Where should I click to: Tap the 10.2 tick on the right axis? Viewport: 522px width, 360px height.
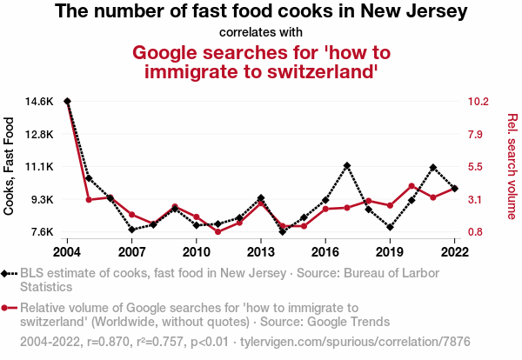(x=479, y=102)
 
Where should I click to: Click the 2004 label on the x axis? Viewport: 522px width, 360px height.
(x=67, y=252)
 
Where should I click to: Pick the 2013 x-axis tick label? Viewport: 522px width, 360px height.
(x=261, y=252)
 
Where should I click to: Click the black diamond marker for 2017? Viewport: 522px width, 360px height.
(x=347, y=165)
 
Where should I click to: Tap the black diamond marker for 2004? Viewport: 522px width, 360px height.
(x=67, y=102)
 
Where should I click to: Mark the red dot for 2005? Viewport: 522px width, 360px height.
(x=89, y=200)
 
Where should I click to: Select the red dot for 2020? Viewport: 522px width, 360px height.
(x=412, y=186)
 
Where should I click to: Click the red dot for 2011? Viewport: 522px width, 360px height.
(x=217, y=231)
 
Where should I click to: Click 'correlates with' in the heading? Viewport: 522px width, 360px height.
(x=261, y=32)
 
